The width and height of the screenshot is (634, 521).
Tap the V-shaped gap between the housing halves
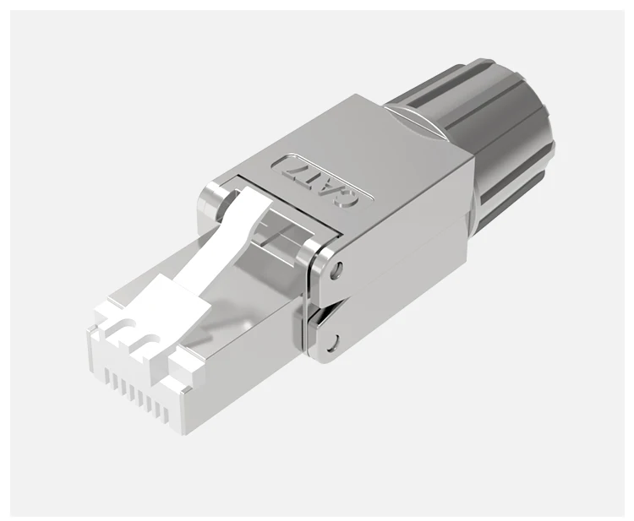325,306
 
